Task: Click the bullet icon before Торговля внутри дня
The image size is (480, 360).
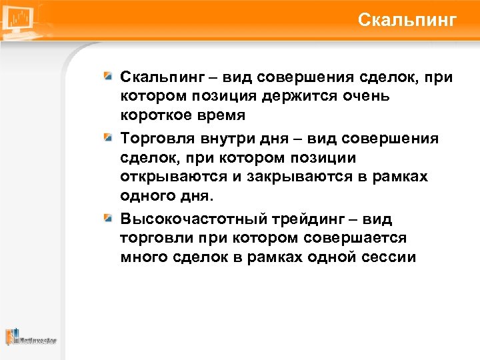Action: click(107, 138)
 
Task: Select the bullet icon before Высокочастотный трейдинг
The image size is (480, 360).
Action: click(107, 218)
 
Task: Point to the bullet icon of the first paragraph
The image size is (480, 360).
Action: click(107, 78)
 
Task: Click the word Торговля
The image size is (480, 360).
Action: click(155, 138)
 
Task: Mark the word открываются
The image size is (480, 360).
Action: click(167, 177)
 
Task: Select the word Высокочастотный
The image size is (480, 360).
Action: click(184, 219)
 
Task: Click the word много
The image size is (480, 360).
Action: click(140, 257)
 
